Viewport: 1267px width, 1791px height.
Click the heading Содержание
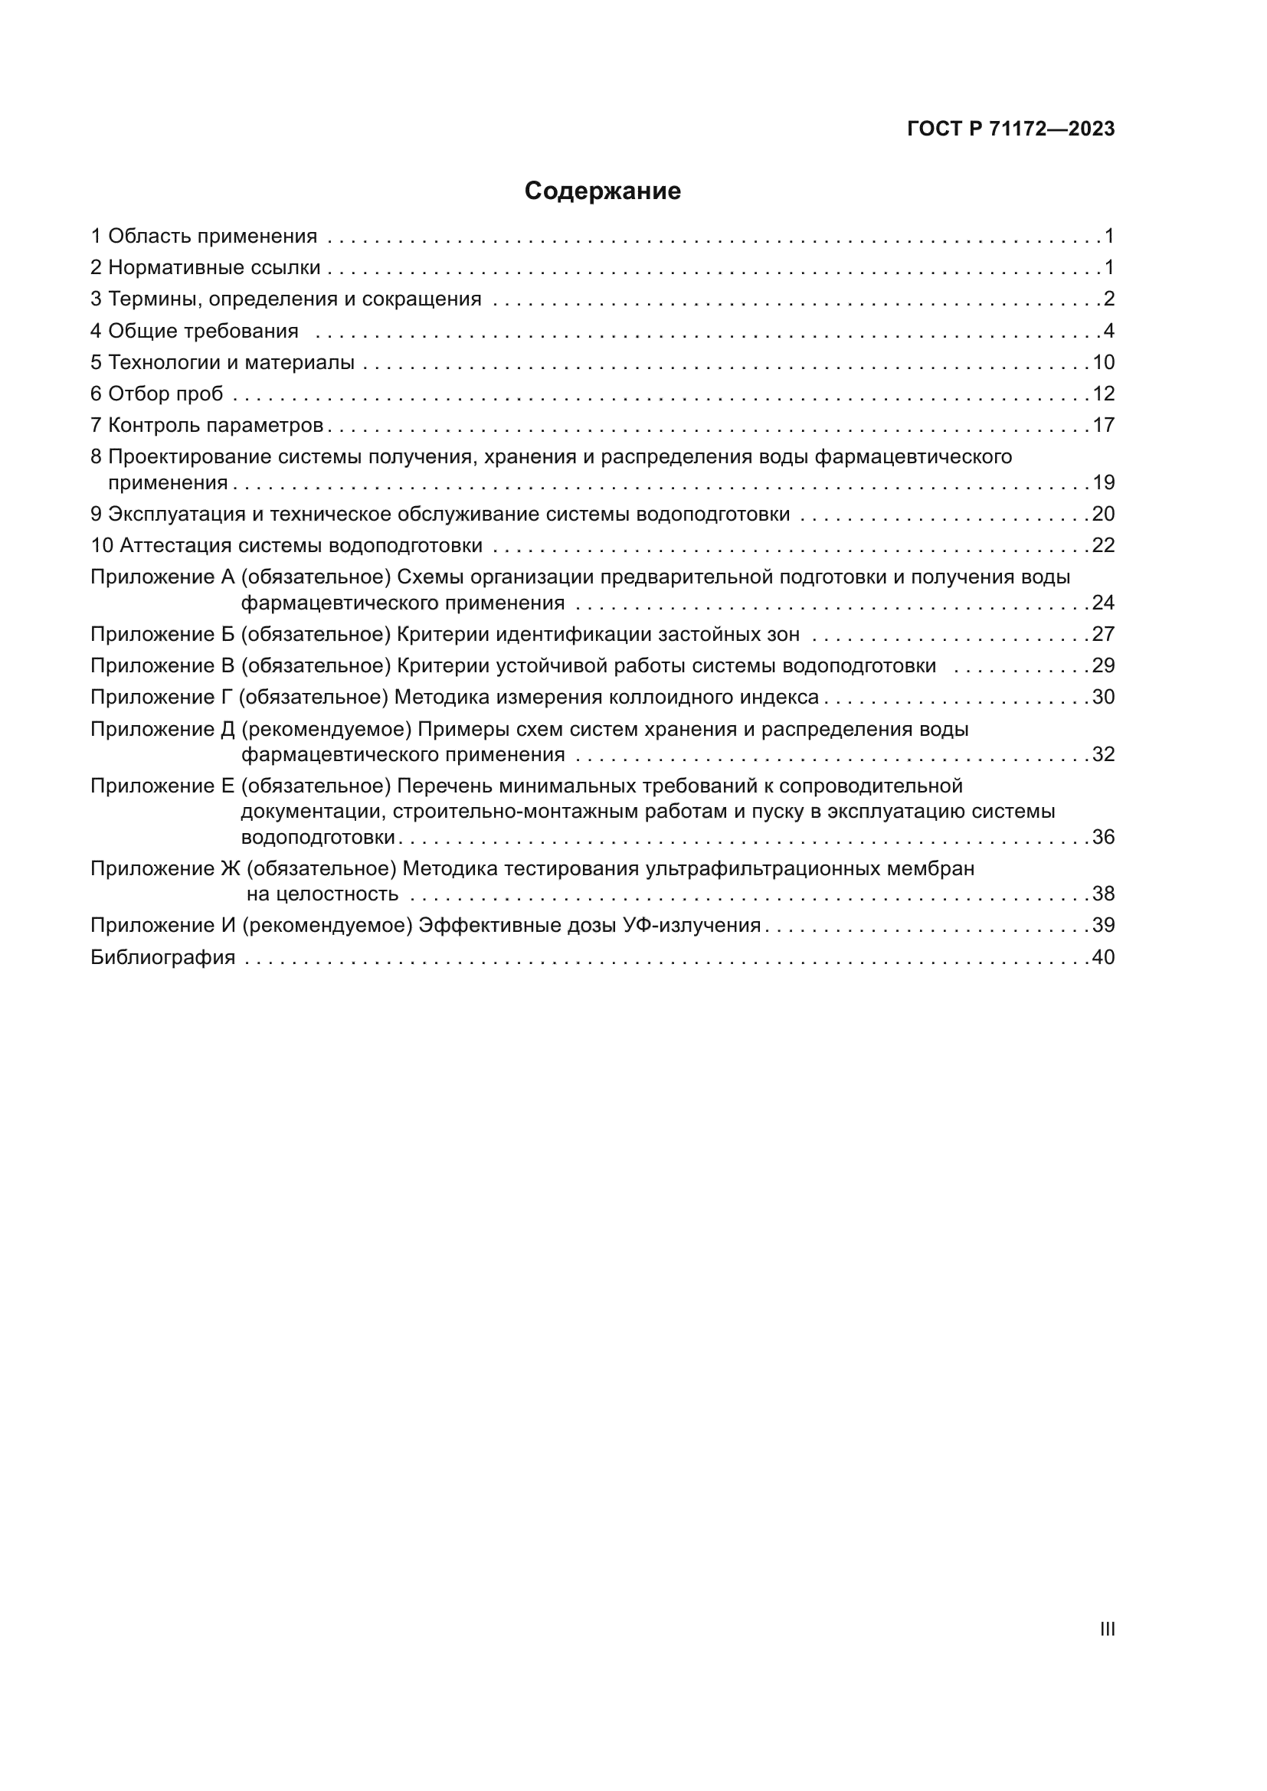coord(602,191)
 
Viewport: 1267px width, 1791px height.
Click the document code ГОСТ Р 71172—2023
coord(1011,129)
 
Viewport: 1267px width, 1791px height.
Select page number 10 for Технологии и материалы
coord(1103,363)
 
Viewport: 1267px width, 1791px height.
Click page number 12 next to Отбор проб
coord(1103,394)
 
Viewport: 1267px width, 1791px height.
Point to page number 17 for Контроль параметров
coord(1103,425)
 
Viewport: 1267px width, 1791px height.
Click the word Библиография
coord(163,957)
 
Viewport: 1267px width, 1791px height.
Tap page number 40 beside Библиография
coord(1103,957)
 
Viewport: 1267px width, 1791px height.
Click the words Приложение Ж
coord(165,869)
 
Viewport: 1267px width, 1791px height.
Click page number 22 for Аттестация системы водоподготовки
coord(1103,545)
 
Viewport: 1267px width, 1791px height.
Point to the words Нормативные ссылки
coord(214,268)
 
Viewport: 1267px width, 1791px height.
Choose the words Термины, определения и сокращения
coord(294,299)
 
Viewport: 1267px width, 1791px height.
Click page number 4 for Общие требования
coord(1108,332)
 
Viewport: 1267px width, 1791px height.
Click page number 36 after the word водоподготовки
coord(1103,838)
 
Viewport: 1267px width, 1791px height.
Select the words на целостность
coord(322,894)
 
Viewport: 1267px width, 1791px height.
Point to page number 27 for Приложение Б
coord(1103,634)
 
